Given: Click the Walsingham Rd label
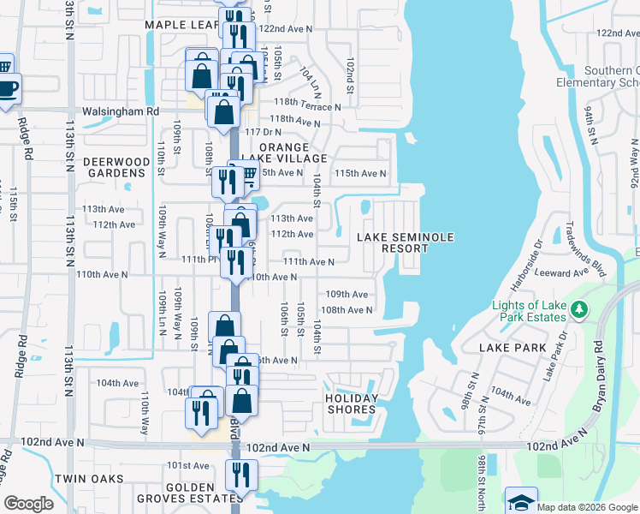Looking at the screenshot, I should click(121, 111).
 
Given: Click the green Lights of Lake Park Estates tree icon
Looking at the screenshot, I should click(579, 308).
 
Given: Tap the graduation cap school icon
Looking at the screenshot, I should click(521, 503).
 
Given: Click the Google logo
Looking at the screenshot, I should click(29, 504).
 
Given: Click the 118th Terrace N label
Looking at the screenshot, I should click(305, 107).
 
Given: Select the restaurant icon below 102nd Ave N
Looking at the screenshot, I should click(240, 474).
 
